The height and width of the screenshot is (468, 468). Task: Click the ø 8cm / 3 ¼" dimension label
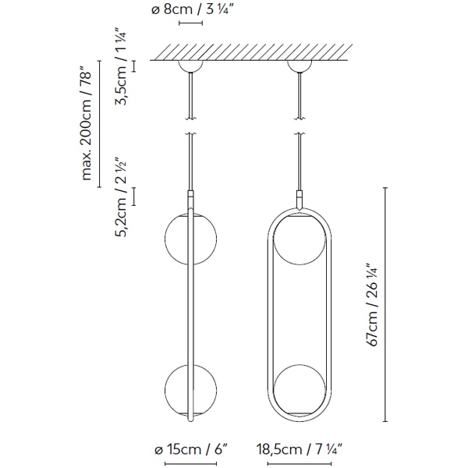click(190, 11)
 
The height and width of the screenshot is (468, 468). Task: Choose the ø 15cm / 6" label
click(190, 451)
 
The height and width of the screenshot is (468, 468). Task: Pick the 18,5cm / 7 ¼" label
click(297, 451)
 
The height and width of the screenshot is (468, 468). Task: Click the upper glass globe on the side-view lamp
click(187, 240)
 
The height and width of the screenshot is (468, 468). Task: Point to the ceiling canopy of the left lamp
click(190, 66)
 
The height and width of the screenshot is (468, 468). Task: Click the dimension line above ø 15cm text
click(190, 435)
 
